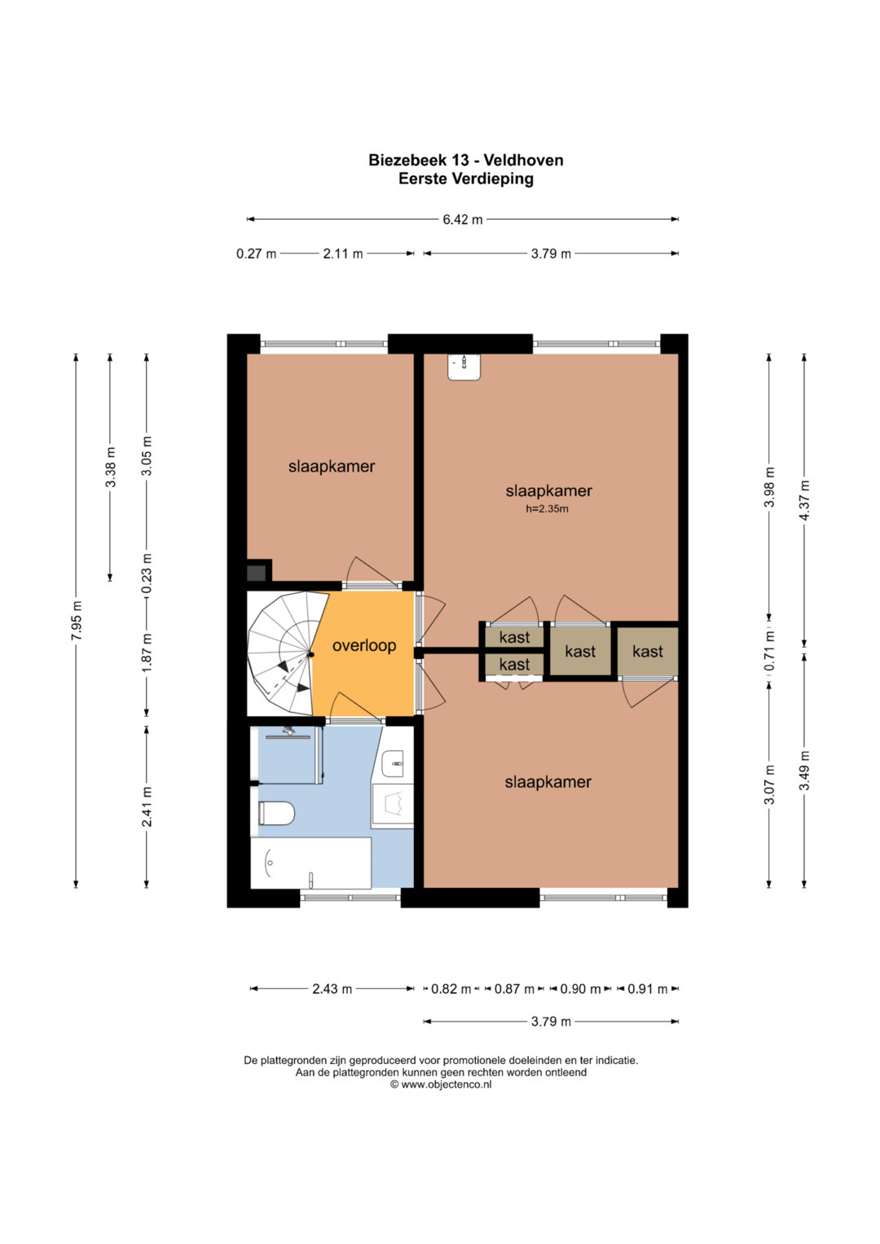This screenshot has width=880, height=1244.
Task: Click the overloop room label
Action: pos(364,645)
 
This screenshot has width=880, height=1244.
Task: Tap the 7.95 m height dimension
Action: pos(76,621)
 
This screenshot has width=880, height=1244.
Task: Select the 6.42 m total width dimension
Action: pos(462,219)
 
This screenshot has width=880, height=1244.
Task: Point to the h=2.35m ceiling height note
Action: pos(547,508)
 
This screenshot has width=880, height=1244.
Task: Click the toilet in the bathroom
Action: pos(276,814)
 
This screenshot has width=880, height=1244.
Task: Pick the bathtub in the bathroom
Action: pos(310,863)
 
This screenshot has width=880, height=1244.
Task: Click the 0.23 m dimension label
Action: pos(147,574)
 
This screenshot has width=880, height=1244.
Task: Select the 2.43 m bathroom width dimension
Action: pos(332,988)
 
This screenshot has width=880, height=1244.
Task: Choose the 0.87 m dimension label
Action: pos(514,988)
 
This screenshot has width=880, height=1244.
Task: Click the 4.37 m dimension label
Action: pos(804,500)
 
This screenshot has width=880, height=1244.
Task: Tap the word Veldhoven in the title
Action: pos(523,160)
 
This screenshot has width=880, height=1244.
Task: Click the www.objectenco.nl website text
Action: pos(447,1084)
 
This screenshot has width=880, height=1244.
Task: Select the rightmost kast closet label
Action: pos(647,651)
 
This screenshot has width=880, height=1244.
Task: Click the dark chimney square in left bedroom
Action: pos(256,573)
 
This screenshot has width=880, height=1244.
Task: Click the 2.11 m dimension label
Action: pos(343,254)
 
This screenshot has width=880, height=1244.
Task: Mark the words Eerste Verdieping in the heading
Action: pos(466,179)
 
